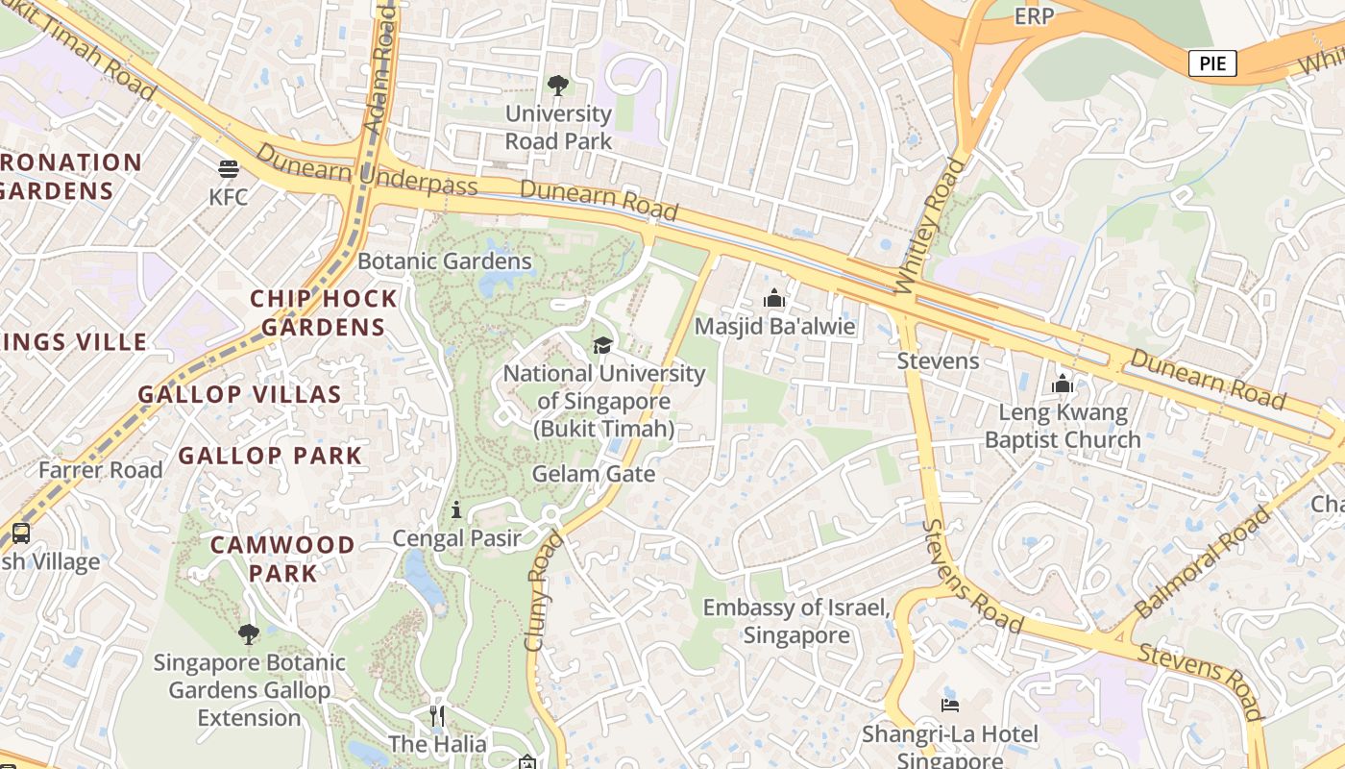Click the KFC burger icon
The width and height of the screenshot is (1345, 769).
228,170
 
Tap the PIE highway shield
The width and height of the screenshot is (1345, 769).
1212,64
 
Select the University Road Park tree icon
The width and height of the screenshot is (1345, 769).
558,87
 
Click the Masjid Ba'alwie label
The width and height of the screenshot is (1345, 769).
774,326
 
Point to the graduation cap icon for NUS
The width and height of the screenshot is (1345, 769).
602,345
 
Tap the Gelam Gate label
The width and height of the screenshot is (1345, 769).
593,474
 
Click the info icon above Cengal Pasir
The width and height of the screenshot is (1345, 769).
456,509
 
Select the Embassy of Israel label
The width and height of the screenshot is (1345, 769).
796,621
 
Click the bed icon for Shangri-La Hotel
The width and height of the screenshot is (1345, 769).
949,705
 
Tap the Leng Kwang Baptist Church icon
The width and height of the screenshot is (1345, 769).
1063,384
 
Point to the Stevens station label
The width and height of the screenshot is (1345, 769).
938,361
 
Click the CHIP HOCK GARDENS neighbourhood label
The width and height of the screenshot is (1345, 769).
324,312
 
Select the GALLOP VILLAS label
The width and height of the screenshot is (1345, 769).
239,394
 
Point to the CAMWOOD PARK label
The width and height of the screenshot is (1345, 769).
282,558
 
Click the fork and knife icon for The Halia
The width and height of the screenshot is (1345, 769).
437,716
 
